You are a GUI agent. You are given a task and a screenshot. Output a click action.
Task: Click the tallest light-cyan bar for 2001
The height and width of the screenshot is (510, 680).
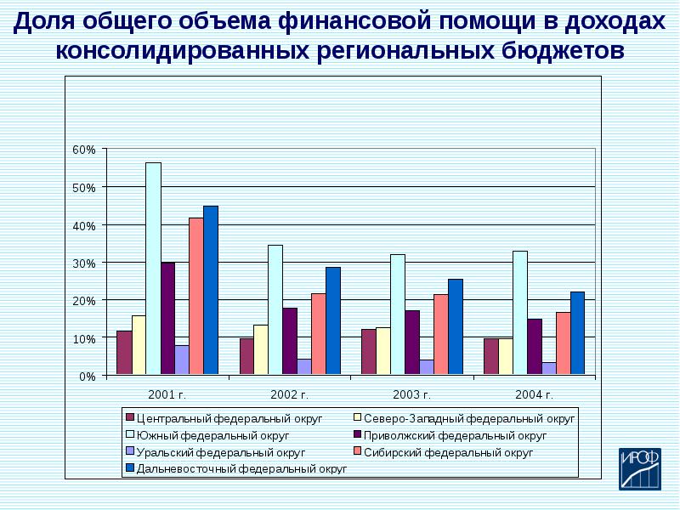pyautogui.click(x=153, y=268)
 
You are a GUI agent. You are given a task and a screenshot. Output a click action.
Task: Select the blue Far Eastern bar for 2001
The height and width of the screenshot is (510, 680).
pyautogui.click(x=211, y=290)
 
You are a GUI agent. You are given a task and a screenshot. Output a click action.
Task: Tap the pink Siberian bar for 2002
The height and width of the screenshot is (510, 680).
pyautogui.click(x=318, y=333)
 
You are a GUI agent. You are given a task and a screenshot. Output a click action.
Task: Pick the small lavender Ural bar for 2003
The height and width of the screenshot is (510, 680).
pyautogui.click(x=426, y=366)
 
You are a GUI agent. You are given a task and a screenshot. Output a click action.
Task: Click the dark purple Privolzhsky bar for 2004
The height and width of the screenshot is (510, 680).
pyautogui.click(x=534, y=346)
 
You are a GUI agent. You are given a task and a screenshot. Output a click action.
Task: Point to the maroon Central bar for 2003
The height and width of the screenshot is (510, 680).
pyautogui.click(x=368, y=351)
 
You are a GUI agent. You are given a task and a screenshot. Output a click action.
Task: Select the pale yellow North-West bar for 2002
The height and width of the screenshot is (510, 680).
pyautogui.click(x=260, y=349)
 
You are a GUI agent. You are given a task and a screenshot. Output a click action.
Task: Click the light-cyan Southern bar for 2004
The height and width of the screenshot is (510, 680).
pyautogui.click(x=519, y=312)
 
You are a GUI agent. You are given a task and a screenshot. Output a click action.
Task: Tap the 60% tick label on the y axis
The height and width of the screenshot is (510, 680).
pyautogui.click(x=85, y=150)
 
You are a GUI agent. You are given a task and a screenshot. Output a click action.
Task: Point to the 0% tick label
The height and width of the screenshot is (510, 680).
pyautogui.click(x=88, y=376)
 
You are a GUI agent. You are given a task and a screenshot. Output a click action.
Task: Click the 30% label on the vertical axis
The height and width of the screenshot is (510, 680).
pyautogui.click(x=85, y=263)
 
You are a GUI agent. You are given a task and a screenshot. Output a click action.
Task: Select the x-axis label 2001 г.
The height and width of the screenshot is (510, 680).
pyautogui.click(x=167, y=394)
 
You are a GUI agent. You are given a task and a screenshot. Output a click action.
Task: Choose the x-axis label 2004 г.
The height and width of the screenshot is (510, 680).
pyautogui.click(x=535, y=394)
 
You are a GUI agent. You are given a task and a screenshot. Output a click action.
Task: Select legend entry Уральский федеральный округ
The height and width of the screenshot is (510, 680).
pyautogui.click(x=219, y=452)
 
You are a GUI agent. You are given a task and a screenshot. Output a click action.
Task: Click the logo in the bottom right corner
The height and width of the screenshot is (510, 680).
pyautogui.click(x=638, y=469)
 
